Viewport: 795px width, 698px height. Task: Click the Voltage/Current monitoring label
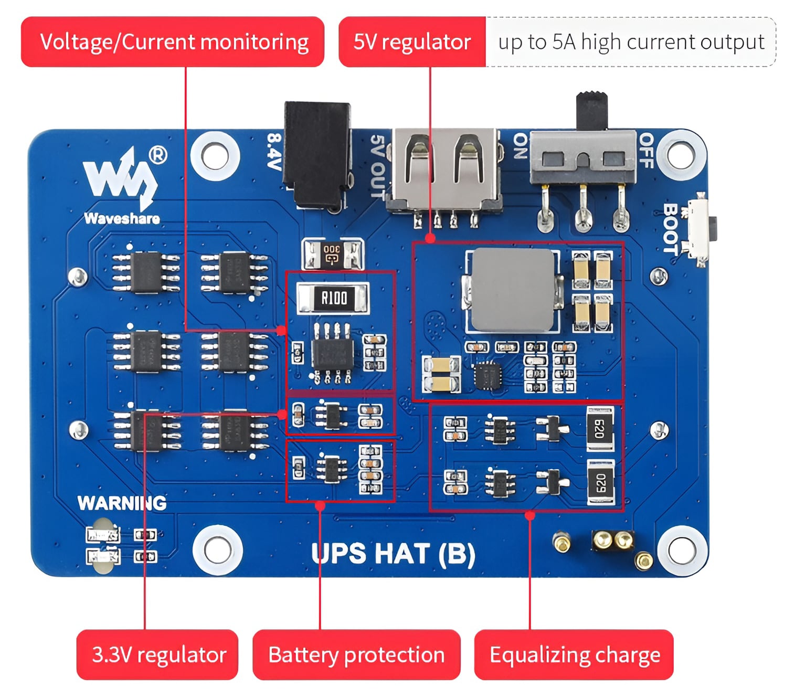(173, 42)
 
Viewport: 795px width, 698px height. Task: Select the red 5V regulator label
(412, 42)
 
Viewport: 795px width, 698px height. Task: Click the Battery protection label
(356, 654)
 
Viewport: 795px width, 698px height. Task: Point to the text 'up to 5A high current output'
(631, 42)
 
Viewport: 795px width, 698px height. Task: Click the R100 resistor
(333, 298)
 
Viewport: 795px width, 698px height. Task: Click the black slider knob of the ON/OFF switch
(591, 110)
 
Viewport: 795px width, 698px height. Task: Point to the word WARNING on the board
(122, 503)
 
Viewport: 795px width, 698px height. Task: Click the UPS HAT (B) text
(393, 554)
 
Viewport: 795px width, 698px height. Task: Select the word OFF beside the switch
(646, 151)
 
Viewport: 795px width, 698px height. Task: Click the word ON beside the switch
(520, 146)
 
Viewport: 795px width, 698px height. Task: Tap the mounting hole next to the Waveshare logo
(215, 156)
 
